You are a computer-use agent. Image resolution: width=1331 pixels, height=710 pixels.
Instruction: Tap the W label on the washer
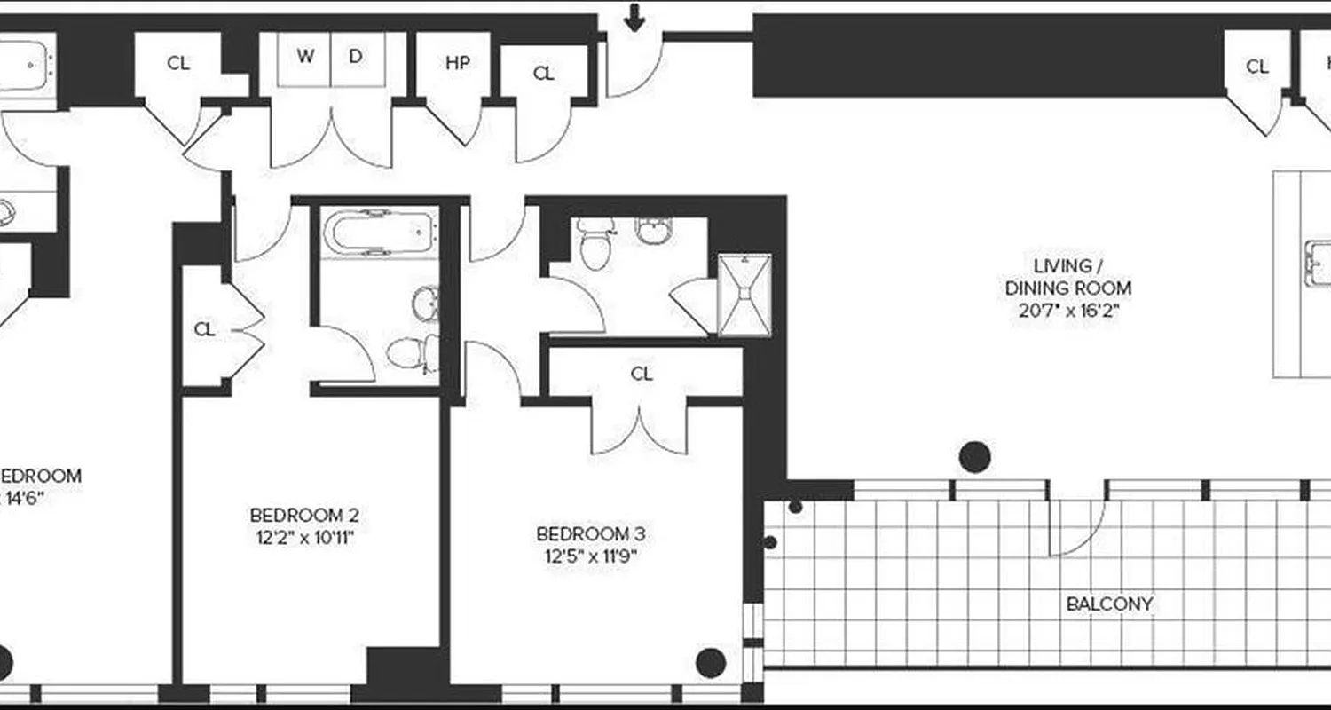tap(305, 57)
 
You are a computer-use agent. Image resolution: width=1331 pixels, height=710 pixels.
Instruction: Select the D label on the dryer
tap(356, 57)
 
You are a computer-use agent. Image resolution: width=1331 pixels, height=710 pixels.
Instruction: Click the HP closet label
tap(457, 63)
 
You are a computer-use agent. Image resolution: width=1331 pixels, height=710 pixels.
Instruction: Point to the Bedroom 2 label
tap(303, 515)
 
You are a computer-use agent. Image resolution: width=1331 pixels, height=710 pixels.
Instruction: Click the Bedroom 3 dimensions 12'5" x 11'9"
tap(591, 556)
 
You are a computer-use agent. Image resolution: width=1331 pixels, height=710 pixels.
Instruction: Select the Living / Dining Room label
tap(1068, 277)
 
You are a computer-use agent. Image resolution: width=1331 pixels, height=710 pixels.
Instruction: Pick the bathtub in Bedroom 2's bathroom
tap(379, 233)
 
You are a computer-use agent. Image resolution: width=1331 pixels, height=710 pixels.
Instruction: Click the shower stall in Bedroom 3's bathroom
tap(744, 295)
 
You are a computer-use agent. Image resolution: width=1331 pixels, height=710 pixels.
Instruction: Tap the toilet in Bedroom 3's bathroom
tap(594, 241)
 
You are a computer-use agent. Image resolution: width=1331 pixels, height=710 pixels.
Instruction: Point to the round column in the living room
tap(974, 457)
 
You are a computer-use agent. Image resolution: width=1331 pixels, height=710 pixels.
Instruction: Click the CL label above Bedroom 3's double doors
tap(642, 374)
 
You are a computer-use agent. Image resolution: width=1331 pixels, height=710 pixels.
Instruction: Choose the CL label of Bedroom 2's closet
tap(205, 330)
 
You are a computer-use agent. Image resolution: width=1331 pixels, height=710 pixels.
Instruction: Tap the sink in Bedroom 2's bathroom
tap(425, 303)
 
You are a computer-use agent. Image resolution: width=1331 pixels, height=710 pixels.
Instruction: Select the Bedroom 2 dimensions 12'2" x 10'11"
tap(303, 537)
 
